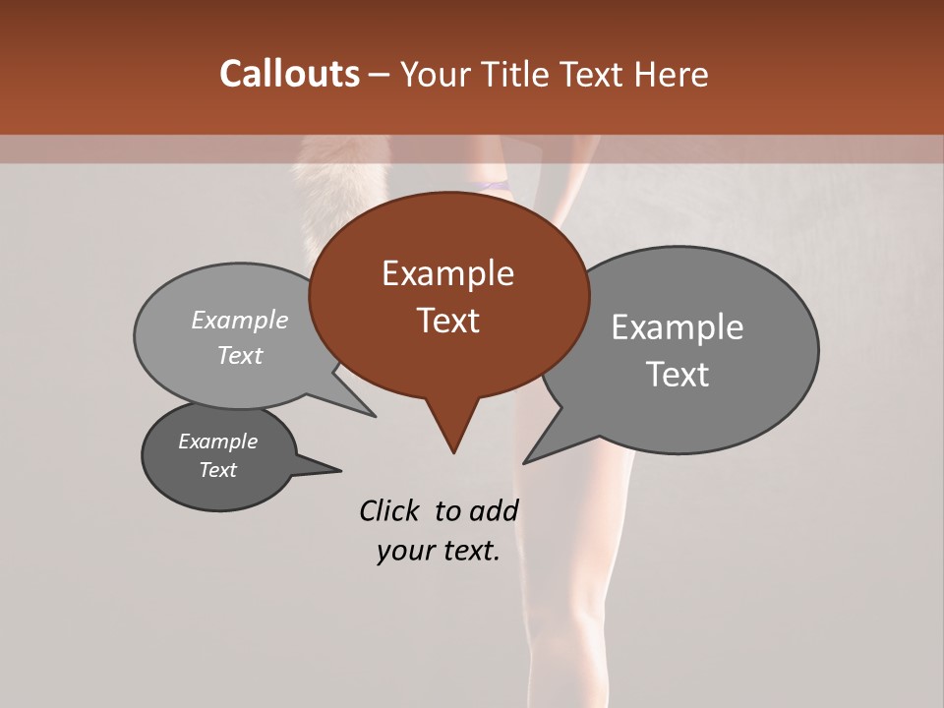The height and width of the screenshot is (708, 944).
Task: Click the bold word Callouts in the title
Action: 289,74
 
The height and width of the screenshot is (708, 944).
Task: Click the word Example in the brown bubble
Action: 447,273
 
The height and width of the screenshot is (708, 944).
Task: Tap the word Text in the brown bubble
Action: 447,321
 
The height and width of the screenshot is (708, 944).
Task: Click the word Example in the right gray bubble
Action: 678,327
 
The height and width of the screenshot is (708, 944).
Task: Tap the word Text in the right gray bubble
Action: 678,375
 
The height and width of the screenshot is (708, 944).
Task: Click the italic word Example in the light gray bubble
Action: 240,320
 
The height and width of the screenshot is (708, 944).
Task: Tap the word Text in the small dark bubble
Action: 218,470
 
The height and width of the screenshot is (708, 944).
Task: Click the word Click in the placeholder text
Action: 389,510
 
